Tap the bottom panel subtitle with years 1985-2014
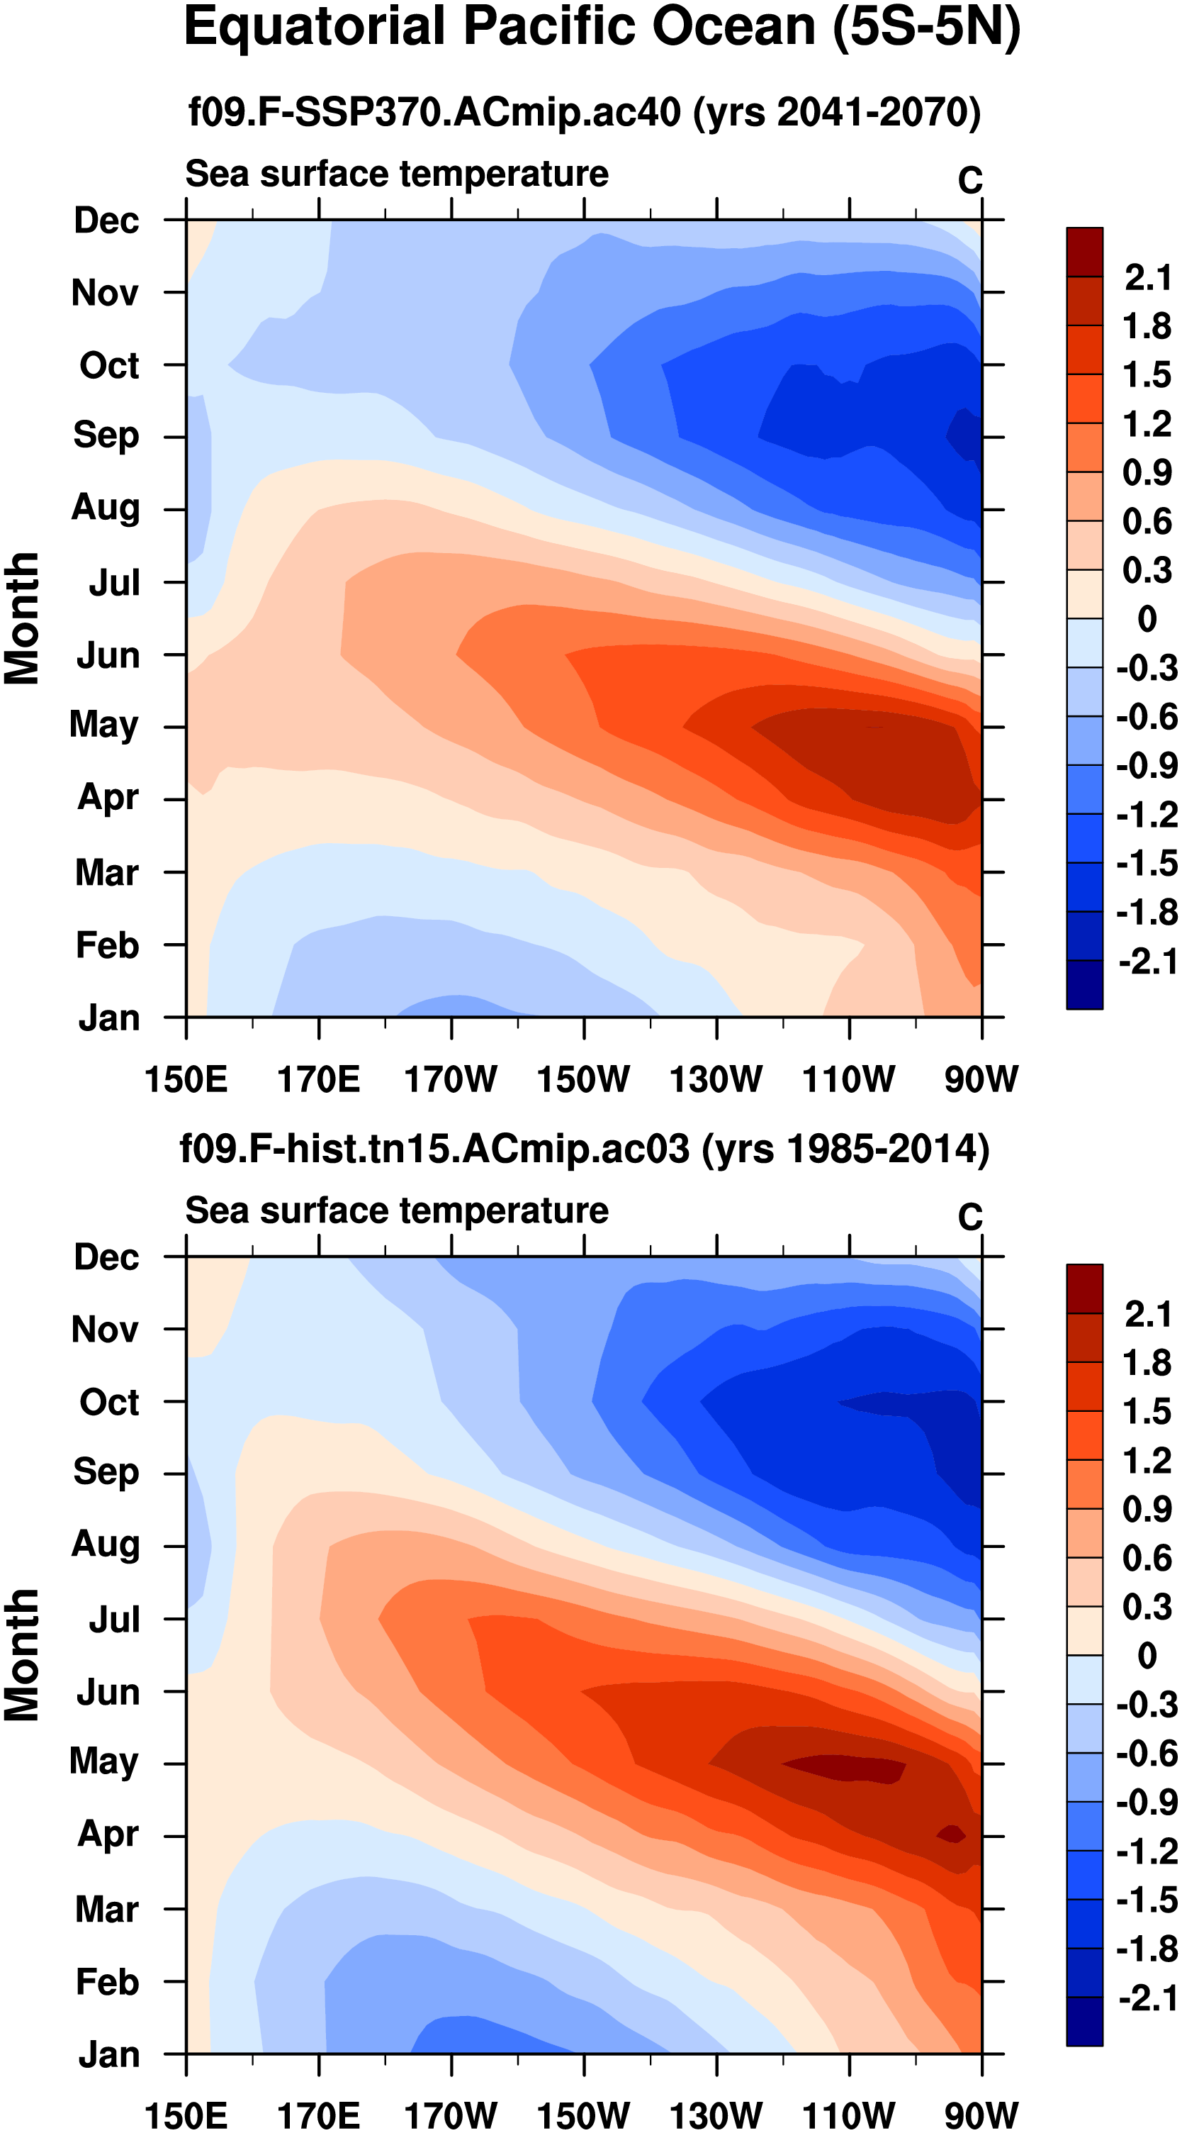pyautogui.click(x=585, y=1149)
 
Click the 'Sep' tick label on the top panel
pyautogui.click(x=106, y=435)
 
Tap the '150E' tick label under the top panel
pyautogui.click(x=186, y=1080)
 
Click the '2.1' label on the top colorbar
pyautogui.click(x=1147, y=277)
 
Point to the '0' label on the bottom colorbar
pyautogui.click(x=1147, y=1656)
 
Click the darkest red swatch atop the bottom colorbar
pyautogui.click(x=1084, y=1288)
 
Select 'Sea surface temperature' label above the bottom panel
pyautogui.click(x=397, y=1210)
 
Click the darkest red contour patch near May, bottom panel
pyautogui.click(x=848, y=1769)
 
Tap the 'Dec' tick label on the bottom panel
pyautogui.click(x=106, y=1257)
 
